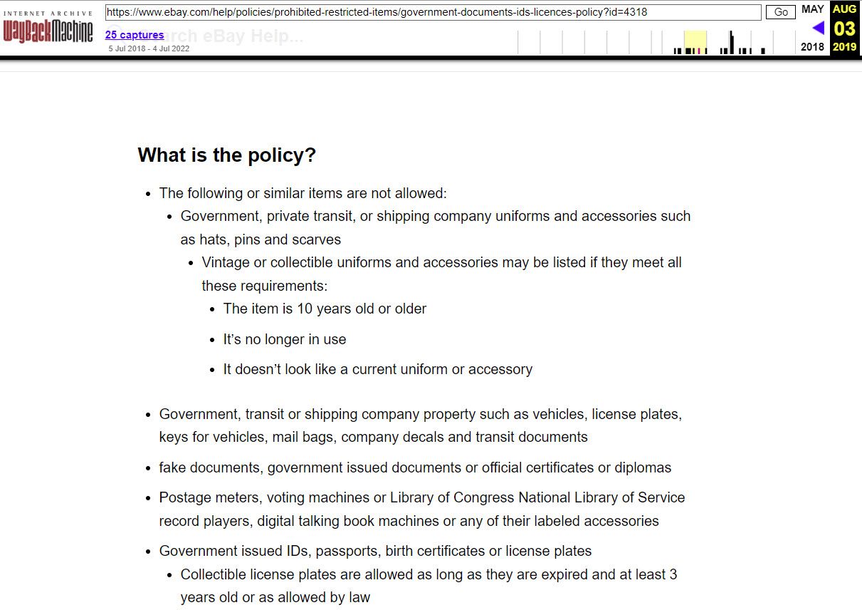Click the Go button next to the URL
(781, 12)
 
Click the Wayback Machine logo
(48, 28)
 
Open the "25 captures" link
(135, 35)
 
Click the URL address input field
(433, 12)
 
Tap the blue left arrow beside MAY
(818, 28)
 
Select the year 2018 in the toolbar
(812, 47)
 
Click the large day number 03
(844, 29)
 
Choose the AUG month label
(844, 9)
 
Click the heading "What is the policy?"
(226, 155)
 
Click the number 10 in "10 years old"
(305, 309)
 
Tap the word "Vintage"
(226, 262)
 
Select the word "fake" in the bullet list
(174, 467)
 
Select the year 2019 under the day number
(844, 47)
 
